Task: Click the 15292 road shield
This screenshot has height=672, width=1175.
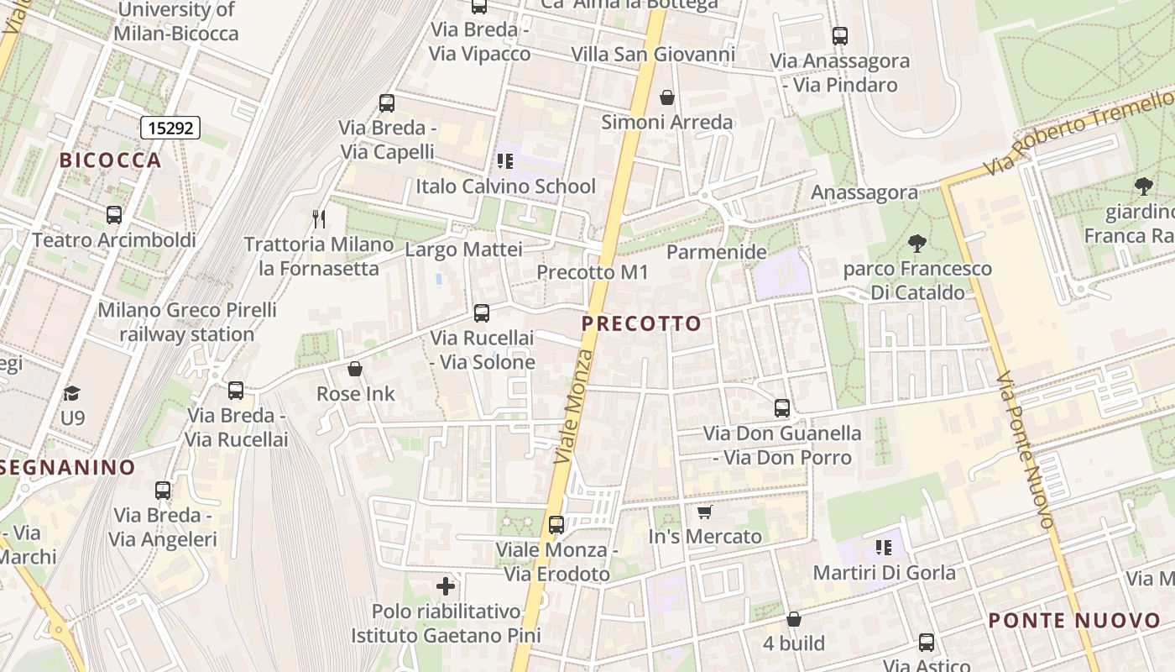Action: click(170, 128)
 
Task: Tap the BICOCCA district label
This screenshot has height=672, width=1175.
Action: click(110, 160)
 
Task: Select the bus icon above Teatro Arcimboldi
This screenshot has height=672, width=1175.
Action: click(114, 215)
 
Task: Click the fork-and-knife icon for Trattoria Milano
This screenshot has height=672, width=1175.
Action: click(319, 219)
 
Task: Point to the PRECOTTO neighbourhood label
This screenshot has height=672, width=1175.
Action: click(641, 323)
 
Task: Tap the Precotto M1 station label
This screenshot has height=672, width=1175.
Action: click(593, 272)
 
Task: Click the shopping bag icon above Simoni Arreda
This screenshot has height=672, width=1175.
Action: click(667, 97)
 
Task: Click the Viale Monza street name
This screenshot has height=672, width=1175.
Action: click(575, 407)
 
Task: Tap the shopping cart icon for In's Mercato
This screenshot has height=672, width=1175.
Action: click(705, 512)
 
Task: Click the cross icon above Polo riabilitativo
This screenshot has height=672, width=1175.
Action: click(446, 585)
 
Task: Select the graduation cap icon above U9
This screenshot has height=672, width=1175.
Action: click(72, 393)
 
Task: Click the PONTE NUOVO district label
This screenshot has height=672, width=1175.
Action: click(1074, 621)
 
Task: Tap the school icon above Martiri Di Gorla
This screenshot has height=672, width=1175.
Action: click(884, 548)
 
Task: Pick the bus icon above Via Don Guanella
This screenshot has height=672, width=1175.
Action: click(782, 408)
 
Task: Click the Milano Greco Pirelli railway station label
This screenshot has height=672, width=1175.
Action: click(187, 322)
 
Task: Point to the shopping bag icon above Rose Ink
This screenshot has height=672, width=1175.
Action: click(355, 369)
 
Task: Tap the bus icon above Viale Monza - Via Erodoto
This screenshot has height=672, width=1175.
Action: click(556, 525)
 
